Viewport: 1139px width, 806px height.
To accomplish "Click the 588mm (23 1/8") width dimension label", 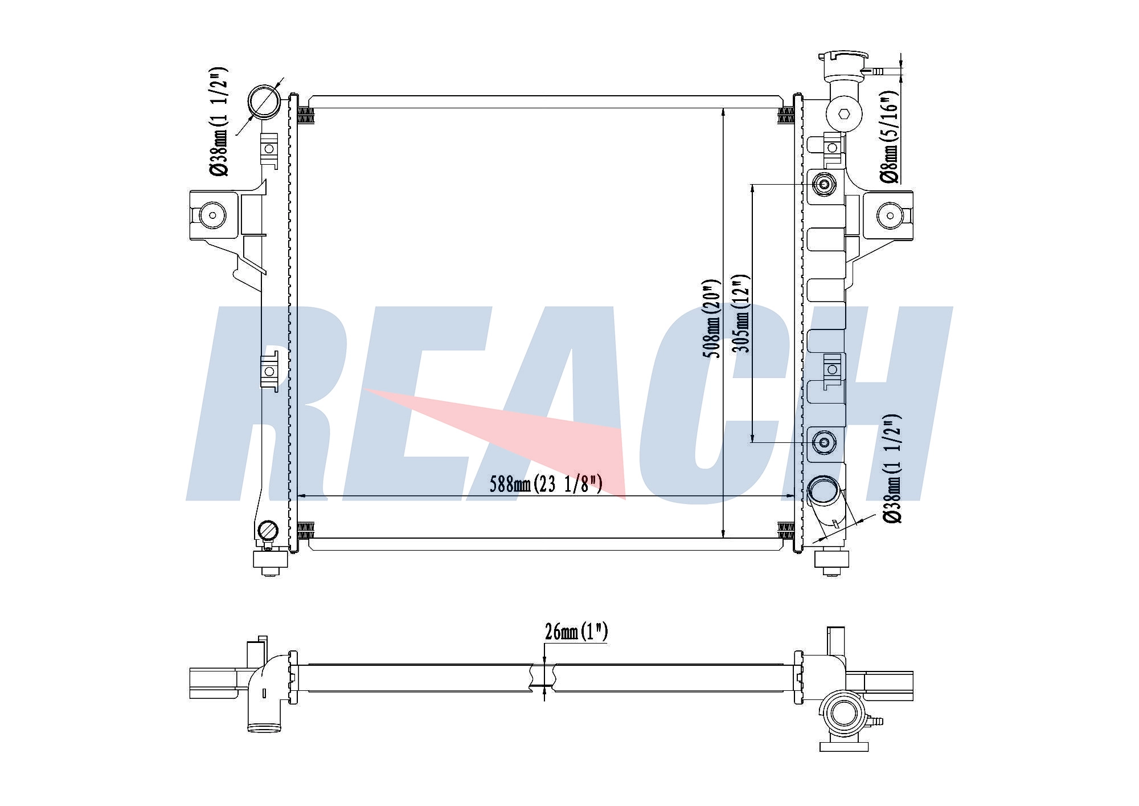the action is click(546, 484).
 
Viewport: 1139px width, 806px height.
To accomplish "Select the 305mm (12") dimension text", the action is click(741, 314).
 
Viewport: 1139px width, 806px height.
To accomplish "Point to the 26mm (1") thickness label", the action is click(576, 632).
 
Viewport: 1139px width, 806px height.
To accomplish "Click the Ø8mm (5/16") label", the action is click(890, 137).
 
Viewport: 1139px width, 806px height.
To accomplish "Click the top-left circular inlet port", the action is click(264, 101).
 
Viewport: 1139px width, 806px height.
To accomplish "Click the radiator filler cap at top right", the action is click(843, 65).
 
